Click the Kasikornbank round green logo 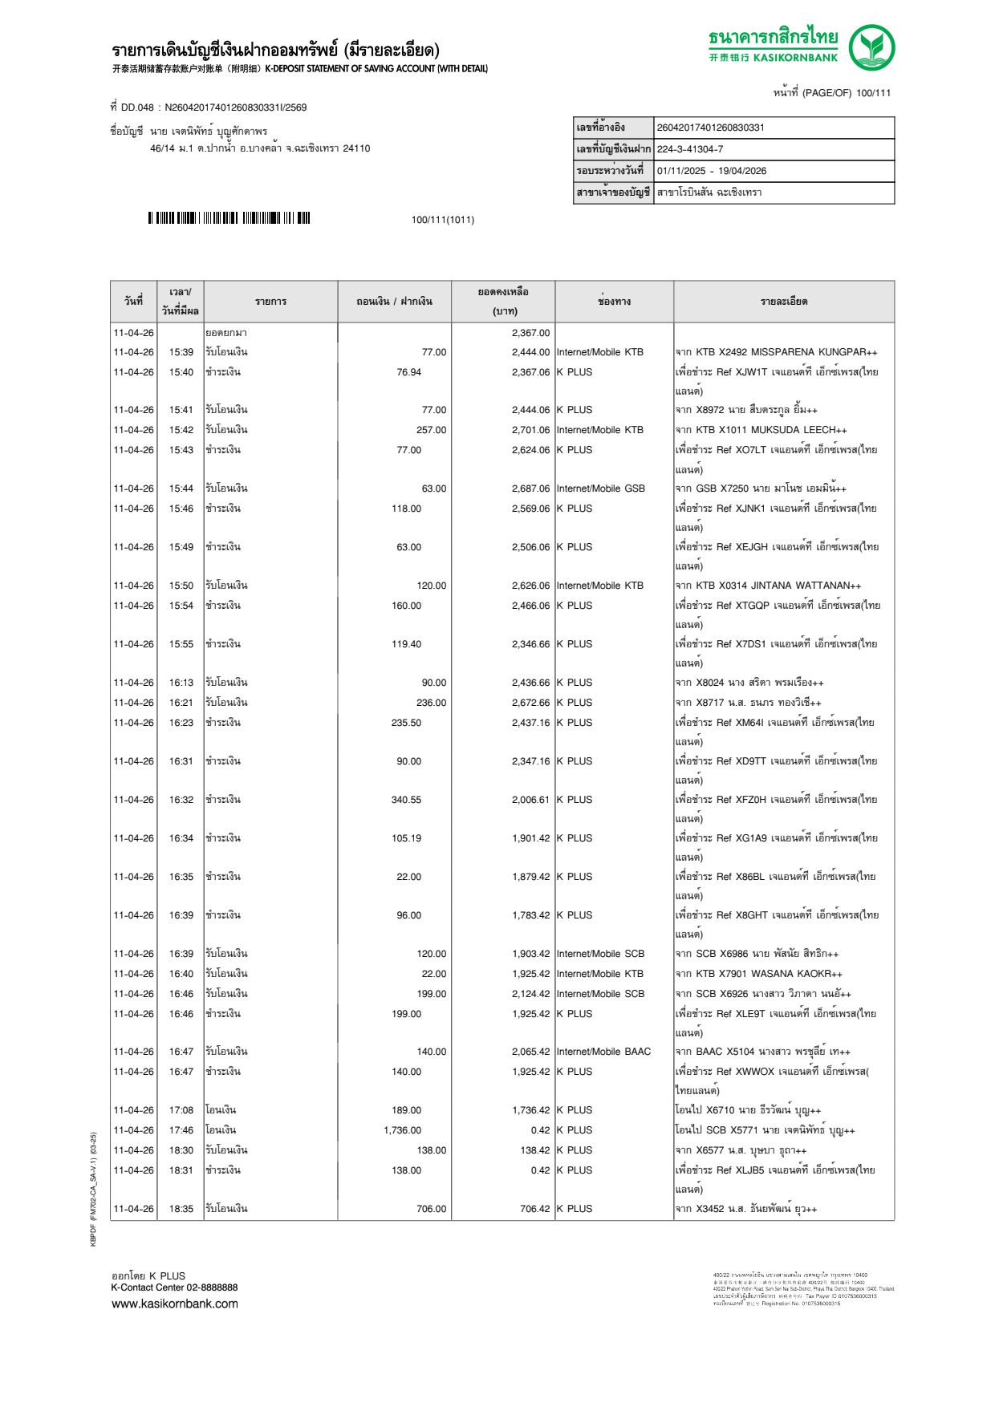tap(872, 47)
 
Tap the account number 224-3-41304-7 tap(690, 149)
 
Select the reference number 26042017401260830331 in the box tap(711, 128)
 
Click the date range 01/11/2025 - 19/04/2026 tap(712, 171)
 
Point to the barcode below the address tap(229, 218)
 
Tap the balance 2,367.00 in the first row tap(530, 333)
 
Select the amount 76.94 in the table tap(408, 372)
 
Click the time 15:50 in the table tap(181, 586)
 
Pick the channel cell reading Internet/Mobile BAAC tap(603, 1052)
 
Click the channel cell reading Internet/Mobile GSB tap(600, 489)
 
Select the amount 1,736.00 tap(402, 1130)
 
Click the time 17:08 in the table tap(181, 1110)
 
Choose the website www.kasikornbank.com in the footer tap(175, 1304)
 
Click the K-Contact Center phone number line tap(174, 1287)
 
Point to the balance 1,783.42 tap(530, 915)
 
